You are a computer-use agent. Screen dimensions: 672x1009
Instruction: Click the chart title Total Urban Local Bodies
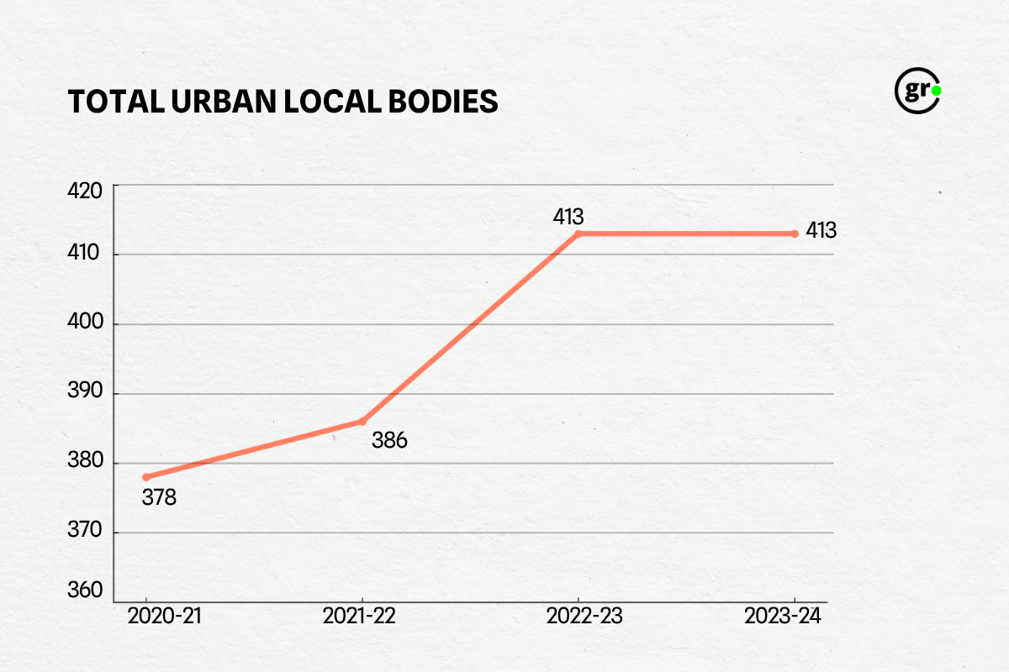(283, 101)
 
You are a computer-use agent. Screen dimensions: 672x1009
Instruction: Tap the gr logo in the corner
(917, 90)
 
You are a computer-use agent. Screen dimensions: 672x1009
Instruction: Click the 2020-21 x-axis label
(165, 617)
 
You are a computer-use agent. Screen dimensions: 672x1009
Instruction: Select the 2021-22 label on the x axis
(359, 617)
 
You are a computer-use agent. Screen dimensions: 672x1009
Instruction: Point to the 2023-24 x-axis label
(782, 617)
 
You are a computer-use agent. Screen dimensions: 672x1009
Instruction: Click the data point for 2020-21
(146, 477)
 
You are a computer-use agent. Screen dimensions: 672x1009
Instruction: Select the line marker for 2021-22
(362, 421)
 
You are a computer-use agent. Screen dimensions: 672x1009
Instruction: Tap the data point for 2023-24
(795, 234)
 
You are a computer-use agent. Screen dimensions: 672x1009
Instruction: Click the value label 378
(159, 497)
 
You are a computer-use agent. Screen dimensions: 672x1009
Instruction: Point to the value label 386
(389, 440)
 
